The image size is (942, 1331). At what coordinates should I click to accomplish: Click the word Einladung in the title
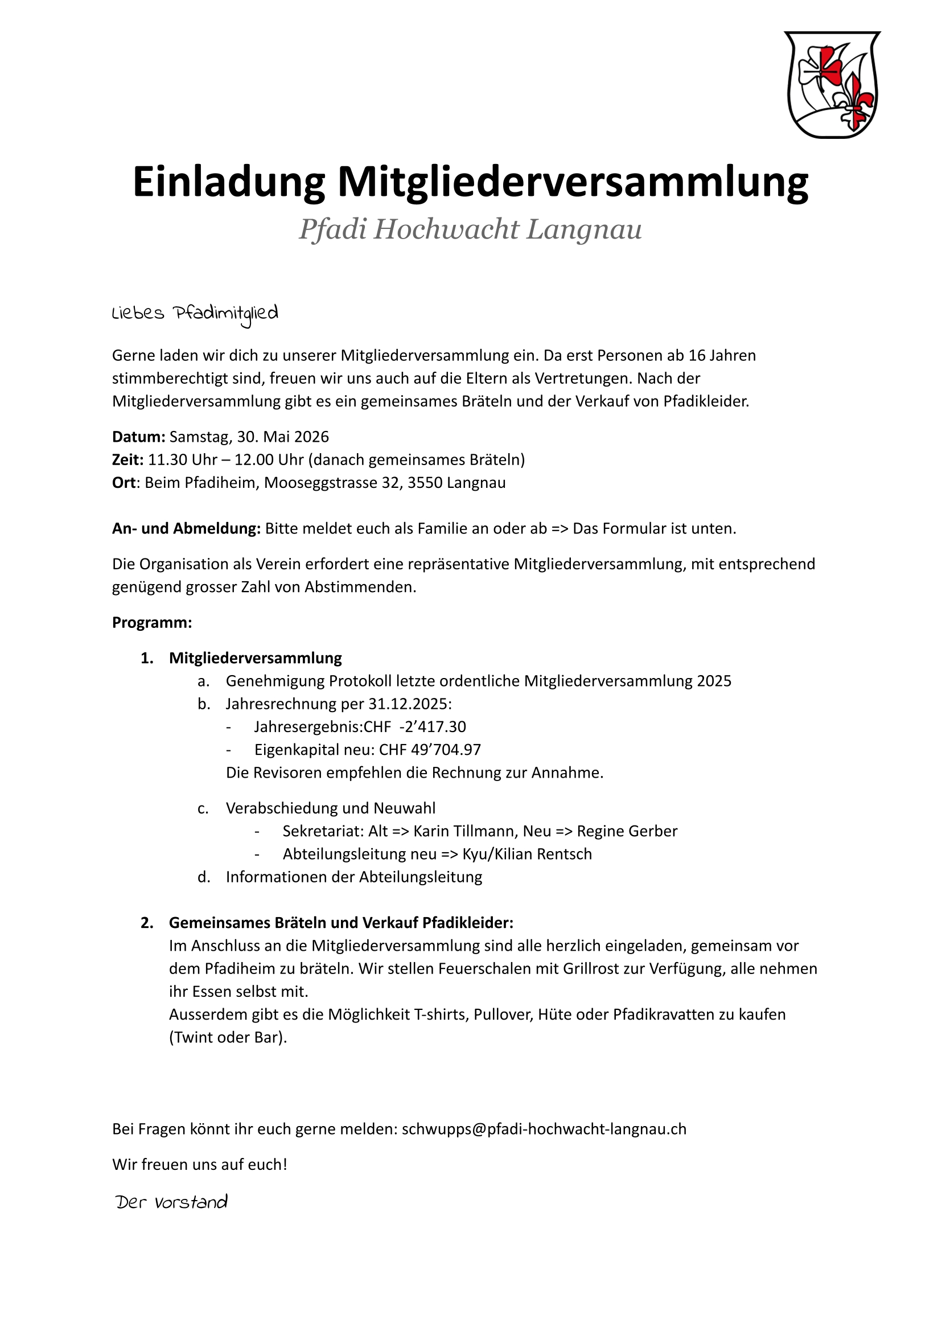[229, 182]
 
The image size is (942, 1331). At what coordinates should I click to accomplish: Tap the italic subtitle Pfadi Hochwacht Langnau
[470, 229]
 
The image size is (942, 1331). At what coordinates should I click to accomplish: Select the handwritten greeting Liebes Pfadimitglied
[195, 314]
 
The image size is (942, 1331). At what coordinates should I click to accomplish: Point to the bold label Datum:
[139, 437]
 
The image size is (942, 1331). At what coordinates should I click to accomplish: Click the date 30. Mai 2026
[282, 437]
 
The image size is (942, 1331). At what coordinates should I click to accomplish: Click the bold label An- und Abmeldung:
[186, 528]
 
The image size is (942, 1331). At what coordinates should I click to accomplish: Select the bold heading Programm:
[152, 623]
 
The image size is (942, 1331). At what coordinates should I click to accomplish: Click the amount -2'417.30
[432, 727]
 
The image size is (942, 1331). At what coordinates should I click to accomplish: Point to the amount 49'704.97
[446, 750]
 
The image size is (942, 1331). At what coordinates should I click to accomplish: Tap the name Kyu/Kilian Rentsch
[527, 854]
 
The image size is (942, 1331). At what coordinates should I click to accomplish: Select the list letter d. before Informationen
[204, 877]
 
